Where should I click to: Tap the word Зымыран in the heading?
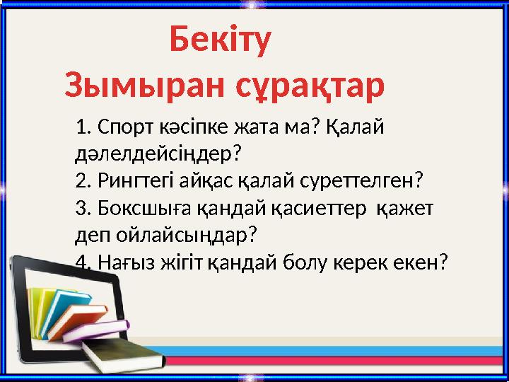pos(135,86)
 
